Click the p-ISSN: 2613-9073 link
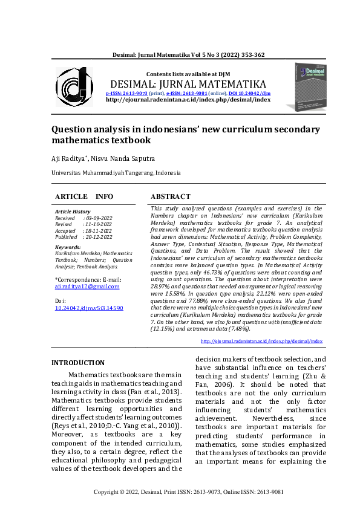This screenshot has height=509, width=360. [x=126, y=94]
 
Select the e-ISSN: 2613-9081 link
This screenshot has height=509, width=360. [x=187, y=94]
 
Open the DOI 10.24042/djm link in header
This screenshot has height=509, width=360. [x=249, y=94]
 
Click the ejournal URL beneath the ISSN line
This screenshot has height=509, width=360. [x=188, y=100]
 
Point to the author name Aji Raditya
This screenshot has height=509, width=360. [x=70, y=158]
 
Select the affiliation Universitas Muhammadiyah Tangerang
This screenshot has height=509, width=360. [x=116, y=173]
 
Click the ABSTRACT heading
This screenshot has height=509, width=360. [x=170, y=197]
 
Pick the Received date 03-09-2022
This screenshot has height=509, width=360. [x=99, y=218]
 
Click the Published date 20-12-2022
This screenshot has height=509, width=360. [x=99, y=238]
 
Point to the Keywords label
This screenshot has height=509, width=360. [x=67, y=247]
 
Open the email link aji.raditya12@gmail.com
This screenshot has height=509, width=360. [x=87, y=287]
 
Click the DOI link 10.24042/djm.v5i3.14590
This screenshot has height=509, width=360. [x=89, y=308]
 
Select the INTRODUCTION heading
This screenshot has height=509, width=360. [x=77, y=363]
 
